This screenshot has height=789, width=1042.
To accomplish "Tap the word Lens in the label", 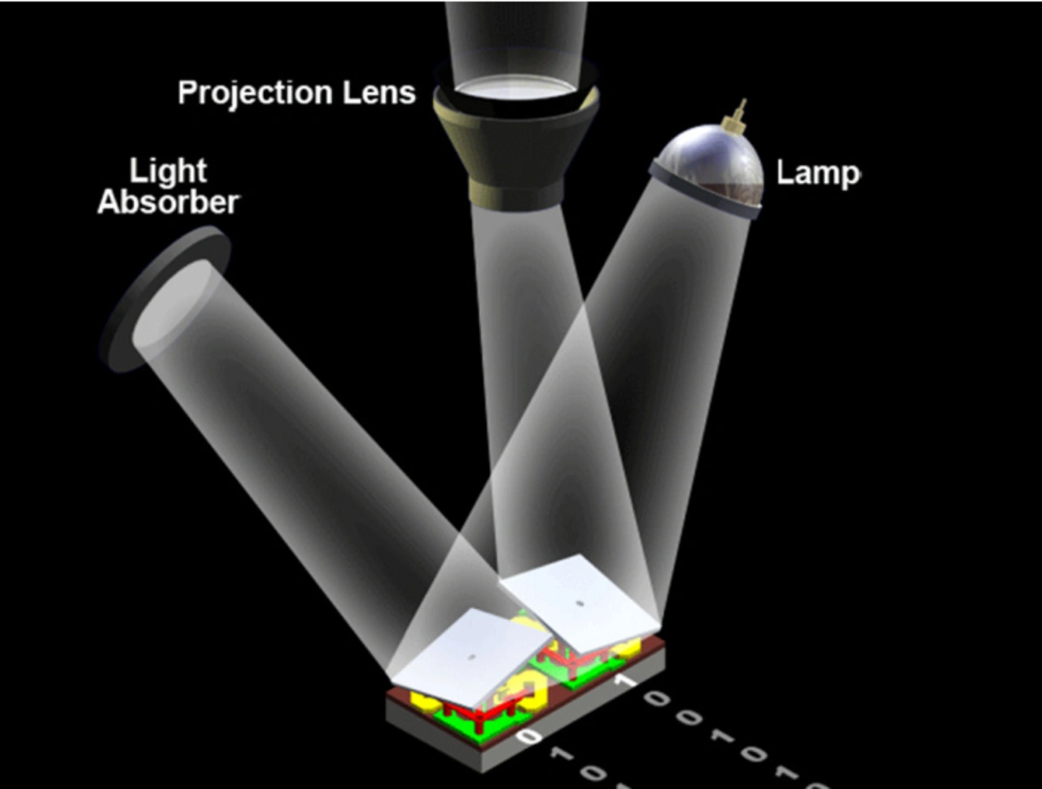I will click(x=383, y=92).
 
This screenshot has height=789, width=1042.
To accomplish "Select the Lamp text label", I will click(x=817, y=173).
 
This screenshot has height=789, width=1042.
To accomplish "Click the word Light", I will click(x=168, y=172).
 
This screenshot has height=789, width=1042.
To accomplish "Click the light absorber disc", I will click(x=167, y=301).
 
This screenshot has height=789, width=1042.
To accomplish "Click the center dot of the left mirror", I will click(x=471, y=655).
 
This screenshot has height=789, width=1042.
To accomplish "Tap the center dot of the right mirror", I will click(x=580, y=603).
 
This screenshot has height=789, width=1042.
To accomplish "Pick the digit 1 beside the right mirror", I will click(x=626, y=678).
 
